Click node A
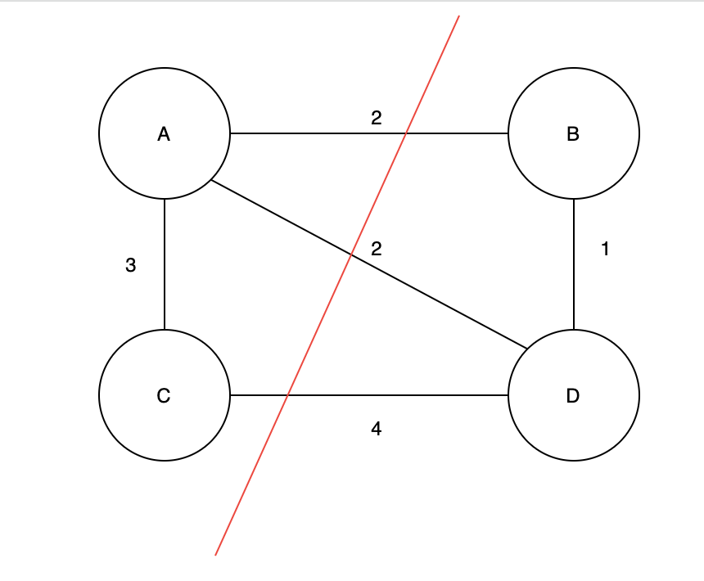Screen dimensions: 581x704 coord(164,133)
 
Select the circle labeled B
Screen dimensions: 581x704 coord(573,133)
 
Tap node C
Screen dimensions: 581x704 coord(164,395)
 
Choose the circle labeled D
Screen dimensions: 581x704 coord(573,395)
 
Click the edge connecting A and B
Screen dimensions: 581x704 coord(311,133)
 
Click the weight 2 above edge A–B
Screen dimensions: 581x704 coord(376,118)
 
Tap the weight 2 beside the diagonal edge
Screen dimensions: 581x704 coord(376,249)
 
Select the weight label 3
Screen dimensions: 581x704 coord(130,265)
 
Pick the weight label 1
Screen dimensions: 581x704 coord(605,250)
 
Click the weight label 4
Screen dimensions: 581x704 coord(376,428)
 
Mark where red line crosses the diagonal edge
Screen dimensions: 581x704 coord(351,255)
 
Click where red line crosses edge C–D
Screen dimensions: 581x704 coord(287,395)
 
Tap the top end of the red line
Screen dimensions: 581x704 coord(458,16)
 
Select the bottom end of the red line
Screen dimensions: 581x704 coord(215,555)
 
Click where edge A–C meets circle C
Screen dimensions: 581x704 coord(165,330)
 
